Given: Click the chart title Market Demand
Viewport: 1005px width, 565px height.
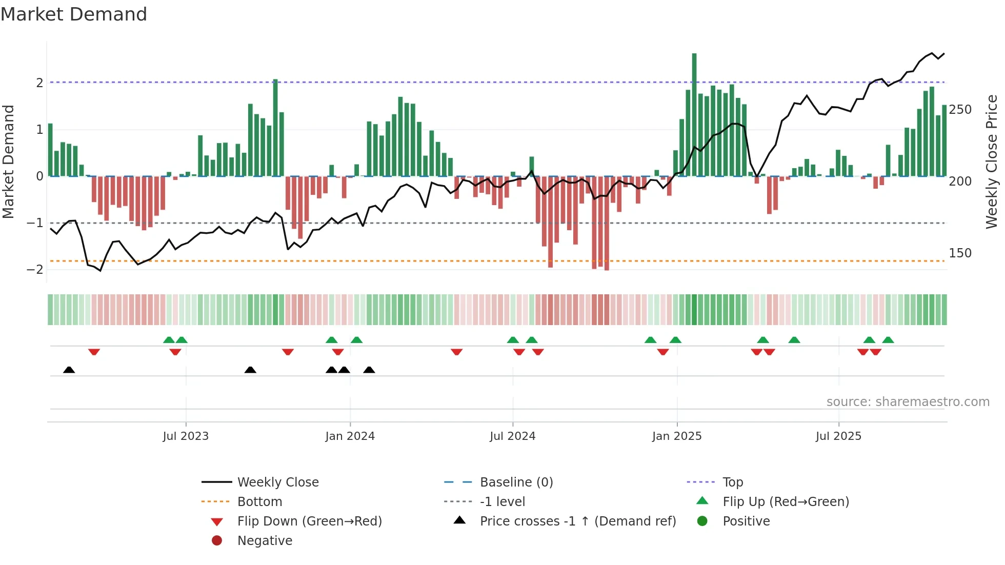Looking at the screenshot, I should (74, 14).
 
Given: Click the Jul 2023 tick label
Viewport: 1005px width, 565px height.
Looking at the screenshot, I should (186, 436).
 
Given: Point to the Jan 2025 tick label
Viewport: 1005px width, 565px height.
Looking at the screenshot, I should (677, 436).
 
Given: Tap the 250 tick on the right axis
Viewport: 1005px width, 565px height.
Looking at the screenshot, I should (960, 110).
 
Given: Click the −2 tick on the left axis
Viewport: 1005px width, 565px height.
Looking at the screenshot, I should (35, 270).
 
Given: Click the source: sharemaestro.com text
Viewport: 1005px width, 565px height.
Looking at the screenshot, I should (908, 402).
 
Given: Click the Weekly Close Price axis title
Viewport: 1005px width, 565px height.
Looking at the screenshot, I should (992, 162).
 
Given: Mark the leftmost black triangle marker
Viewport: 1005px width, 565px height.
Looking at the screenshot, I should (69, 370).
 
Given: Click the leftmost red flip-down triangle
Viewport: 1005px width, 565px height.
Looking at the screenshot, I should (94, 352).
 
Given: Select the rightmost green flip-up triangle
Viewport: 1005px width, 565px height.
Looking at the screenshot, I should (888, 340).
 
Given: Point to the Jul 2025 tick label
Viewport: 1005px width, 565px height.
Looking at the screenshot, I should (838, 436).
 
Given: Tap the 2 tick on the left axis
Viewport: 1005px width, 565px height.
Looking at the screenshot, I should (39, 83).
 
